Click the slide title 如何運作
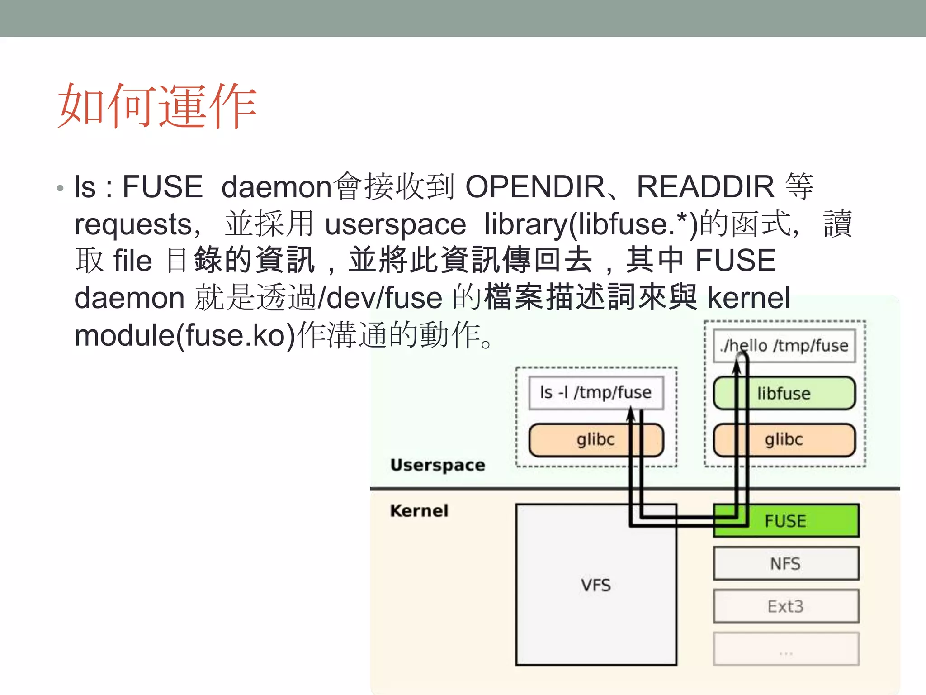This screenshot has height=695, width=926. (157, 106)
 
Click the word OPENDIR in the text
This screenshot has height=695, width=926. (535, 187)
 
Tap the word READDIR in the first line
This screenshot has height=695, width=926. (705, 187)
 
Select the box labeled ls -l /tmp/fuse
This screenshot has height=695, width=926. (596, 392)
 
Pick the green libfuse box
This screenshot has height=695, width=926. (784, 393)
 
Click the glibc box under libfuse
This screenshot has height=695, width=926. (784, 440)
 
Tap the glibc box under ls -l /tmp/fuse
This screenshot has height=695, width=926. (596, 440)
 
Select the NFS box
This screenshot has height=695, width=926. (786, 564)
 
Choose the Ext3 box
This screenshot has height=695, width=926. (786, 606)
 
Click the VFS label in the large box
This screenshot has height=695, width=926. (596, 585)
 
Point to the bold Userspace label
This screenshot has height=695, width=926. (438, 465)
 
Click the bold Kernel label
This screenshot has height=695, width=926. (419, 511)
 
